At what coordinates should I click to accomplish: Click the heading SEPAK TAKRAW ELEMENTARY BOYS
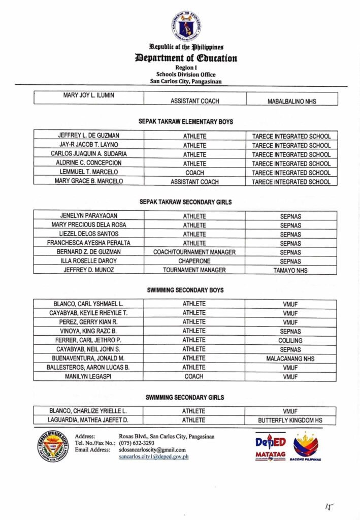coord(185,122)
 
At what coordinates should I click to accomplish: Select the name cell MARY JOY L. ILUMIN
coord(88,95)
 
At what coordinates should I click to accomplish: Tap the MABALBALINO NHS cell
coord(291,101)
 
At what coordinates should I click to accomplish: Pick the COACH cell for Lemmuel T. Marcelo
coord(194,173)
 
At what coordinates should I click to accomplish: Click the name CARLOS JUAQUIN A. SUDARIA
coord(88,154)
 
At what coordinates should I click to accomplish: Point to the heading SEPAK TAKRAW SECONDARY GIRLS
coord(185,202)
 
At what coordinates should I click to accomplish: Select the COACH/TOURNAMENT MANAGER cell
coord(194,252)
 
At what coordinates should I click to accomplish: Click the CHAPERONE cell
coord(194,261)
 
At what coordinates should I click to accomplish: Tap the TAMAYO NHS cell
coord(290,270)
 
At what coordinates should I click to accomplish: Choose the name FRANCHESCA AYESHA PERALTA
coord(88,243)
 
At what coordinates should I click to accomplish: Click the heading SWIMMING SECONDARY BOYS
coord(185,290)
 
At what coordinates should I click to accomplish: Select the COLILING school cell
coord(290,340)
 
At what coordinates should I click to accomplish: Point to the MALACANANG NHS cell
coord(290,359)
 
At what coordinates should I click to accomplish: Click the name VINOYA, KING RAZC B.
coord(88,331)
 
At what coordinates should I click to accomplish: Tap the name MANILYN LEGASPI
coord(88,377)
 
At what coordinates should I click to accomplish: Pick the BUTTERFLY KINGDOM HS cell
coord(290,420)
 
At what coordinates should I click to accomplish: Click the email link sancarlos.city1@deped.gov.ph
coord(154,457)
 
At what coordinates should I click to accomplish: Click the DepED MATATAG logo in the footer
coord(270,447)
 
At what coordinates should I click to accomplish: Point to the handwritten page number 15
coord(329,507)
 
